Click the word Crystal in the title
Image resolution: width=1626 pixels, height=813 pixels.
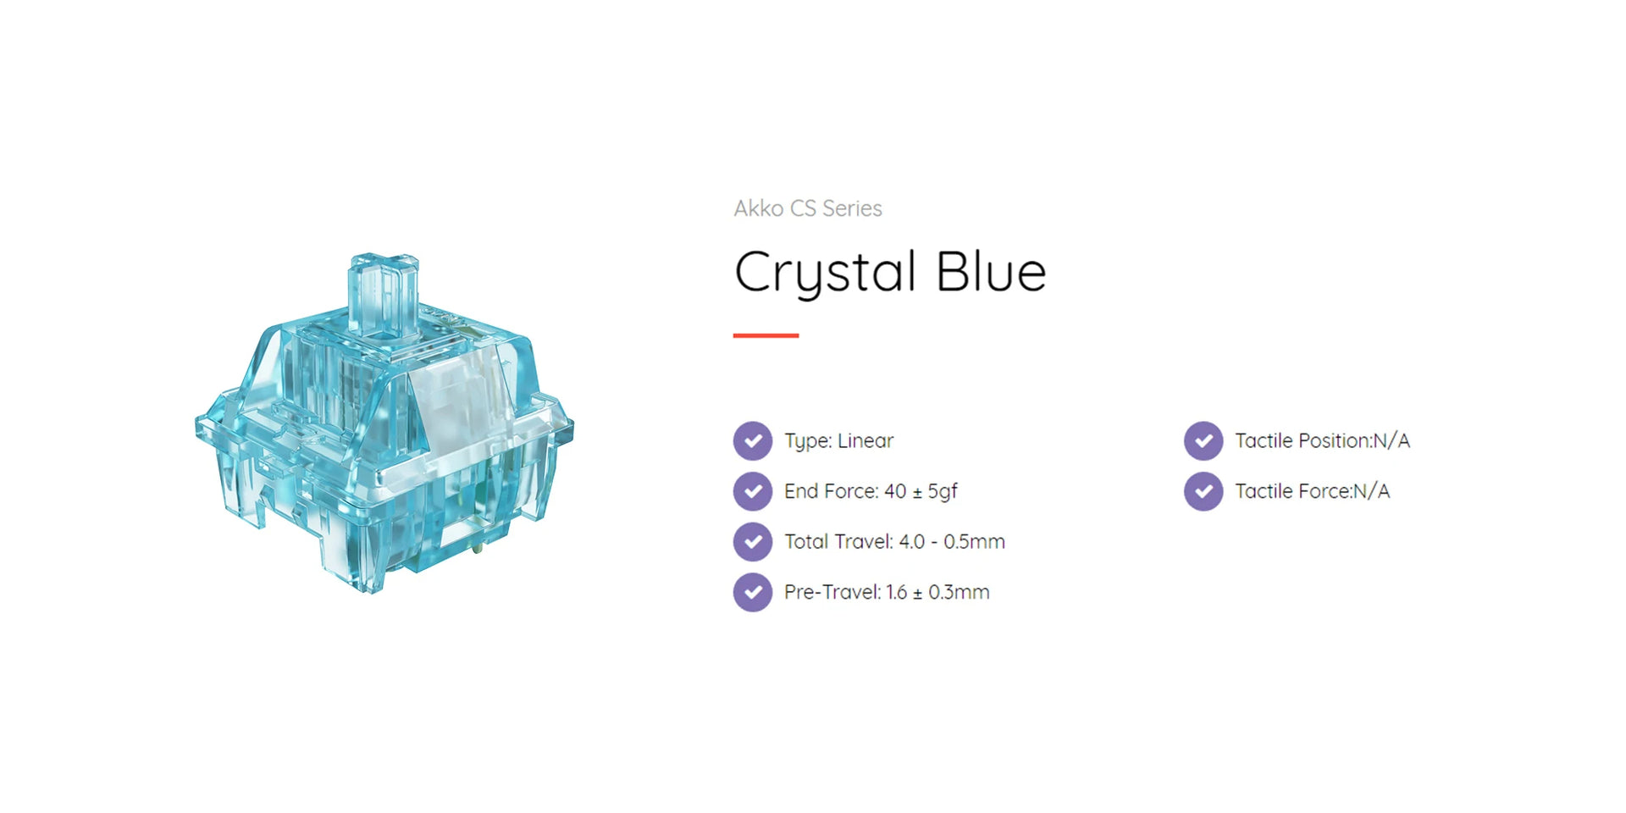pyautogui.click(x=826, y=274)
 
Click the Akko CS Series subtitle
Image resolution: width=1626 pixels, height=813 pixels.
pyautogui.click(x=808, y=208)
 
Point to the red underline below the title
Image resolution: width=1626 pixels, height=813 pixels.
pyautogui.click(x=766, y=335)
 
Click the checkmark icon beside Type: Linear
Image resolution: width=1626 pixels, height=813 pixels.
pyautogui.click(x=753, y=440)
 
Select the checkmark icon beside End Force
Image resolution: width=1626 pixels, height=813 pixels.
pyautogui.click(x=753, y=491)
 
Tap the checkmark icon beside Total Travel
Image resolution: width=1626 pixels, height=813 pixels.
pyautogui.click(x=753, y=542)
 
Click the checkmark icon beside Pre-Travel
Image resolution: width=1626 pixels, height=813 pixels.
pyautogui.click(x=753, y=592)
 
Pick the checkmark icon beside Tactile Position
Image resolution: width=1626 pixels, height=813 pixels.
pyautogui.click(x=1203, y=440)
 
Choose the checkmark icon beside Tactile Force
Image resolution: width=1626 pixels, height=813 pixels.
pyautogui.click(x=1203, y=491)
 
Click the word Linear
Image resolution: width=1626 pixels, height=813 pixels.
pyautogui.click(x=866, y=440)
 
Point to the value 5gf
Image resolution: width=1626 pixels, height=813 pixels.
pyautogui.click(x=943, y=491)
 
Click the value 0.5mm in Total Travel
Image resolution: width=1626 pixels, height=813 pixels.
pyautogui.click(x=974, y=542)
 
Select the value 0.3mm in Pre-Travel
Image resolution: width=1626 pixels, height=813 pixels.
pyautogui.click(x=959, y=592)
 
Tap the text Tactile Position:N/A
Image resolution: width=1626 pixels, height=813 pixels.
pyautogui.click(x=1322, y=440)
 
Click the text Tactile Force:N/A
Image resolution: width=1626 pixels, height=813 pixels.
pyautogui.click(x=1312, y=491)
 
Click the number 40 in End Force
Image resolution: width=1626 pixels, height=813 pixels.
pyautogui.click(x=895, y=491)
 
